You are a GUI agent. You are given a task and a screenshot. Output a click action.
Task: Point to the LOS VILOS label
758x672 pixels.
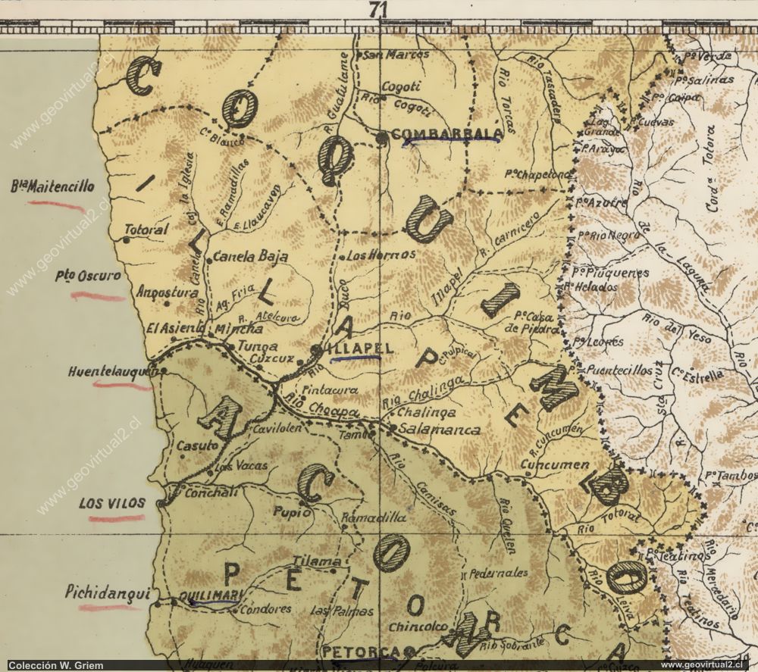(114, 503)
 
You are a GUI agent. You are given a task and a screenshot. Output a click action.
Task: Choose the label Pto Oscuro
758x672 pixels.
(88, 277)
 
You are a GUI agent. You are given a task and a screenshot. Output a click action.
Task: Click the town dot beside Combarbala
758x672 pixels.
(382, 138)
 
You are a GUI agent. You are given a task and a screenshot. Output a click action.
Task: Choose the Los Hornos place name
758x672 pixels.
(381, 255)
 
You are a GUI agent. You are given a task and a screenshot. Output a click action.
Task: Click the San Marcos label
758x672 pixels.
(396, 55)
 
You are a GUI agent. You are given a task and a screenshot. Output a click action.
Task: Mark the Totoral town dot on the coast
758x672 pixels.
(126, 239)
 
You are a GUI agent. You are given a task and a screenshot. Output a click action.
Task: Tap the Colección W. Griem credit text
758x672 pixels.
(52, 664)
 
